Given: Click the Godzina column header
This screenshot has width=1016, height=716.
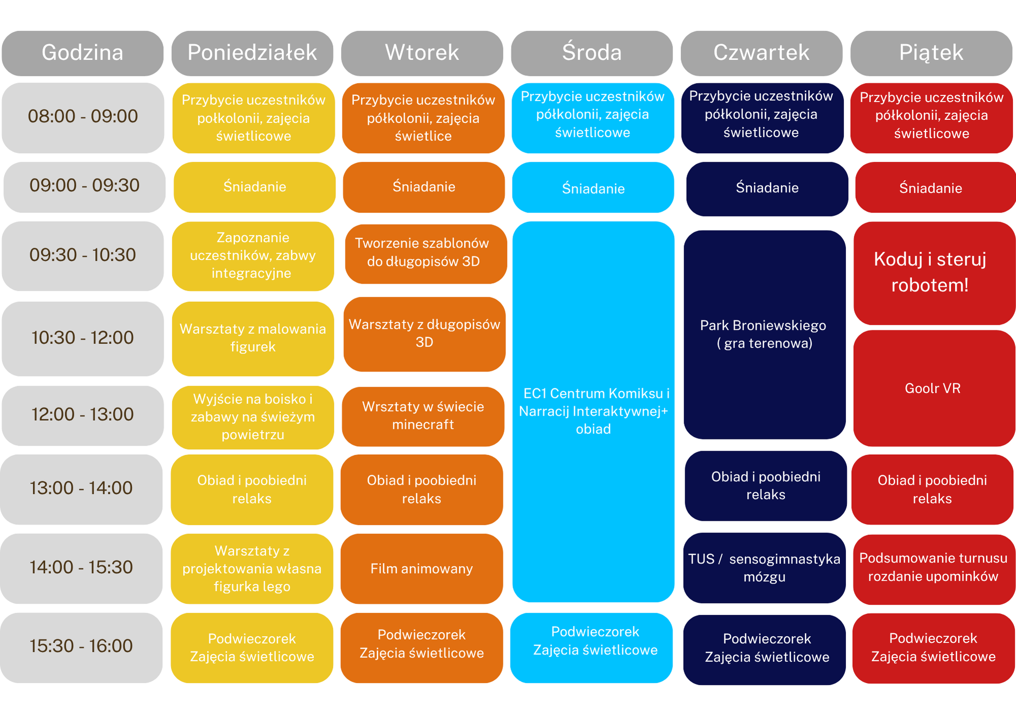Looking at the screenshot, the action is click(x=82, y=53).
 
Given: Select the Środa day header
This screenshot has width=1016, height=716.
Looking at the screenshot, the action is click(x=592, y=53).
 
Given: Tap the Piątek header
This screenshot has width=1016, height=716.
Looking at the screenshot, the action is click(x=931, y=53).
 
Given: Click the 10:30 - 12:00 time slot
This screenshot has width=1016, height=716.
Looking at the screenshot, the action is click(x=83, y=338).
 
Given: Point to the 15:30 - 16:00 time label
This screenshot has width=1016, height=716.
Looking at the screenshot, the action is click(x=81, y=647).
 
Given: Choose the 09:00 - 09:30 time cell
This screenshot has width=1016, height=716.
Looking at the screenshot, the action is click(x=84, y=186).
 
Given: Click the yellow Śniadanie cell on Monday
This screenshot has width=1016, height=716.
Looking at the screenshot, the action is click(x=255, y=186).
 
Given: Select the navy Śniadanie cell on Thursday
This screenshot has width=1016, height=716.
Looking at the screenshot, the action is click(x=767, y=189).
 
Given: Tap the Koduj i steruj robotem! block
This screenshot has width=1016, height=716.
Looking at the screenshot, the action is click(x=935, y=273).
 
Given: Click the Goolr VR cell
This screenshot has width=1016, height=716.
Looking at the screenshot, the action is click(x=935, y=388).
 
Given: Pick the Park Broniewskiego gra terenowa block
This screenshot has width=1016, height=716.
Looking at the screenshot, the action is click(x=765, y=334).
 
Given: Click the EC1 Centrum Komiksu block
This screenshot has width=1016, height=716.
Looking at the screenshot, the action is click(x=593, y=412).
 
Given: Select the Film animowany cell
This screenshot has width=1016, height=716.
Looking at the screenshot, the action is click(x=422, y=569).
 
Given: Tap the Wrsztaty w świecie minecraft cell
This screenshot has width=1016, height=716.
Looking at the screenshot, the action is click(x=423, y=416).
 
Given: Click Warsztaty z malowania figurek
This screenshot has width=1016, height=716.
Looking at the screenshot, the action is click(x=253, y=338).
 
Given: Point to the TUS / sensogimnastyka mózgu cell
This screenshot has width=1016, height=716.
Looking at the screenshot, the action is click(x=765, y=568).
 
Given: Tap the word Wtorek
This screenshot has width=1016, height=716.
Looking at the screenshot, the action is click(x=422, y=53).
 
